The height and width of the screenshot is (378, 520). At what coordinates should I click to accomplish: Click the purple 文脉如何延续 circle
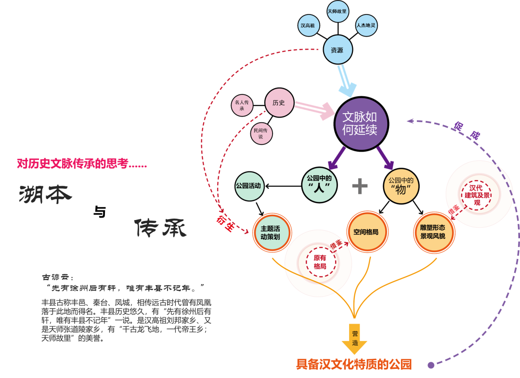pos(359,123)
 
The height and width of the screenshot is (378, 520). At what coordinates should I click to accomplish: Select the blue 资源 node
pos(337,50)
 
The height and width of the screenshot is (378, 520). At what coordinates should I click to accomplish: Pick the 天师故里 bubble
pos(337,11)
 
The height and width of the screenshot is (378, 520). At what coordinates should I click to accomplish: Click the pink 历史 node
pos(279,103)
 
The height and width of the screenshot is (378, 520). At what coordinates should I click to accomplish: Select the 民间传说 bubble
pos(261,133)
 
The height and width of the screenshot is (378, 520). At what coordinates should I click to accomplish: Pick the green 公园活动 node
pos(249,185)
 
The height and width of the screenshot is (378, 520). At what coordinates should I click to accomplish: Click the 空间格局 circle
pos(365,232)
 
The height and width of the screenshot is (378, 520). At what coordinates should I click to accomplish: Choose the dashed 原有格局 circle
pos(320,262)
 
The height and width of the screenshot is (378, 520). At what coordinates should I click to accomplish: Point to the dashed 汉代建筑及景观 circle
pos(477,195)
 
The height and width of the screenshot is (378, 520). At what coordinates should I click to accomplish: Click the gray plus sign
pos(360,186)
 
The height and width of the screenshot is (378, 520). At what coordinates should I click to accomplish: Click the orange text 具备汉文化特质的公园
pos(354,365)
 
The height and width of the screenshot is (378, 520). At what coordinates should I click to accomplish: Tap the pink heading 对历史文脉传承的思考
pos(82,164)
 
